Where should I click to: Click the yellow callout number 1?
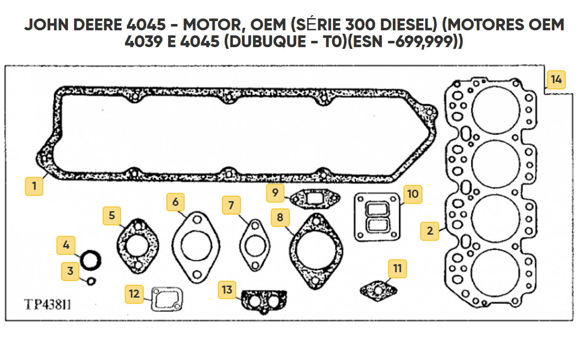click(34, 186)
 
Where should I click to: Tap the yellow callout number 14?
click(556, 80)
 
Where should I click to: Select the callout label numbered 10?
click(413, 194)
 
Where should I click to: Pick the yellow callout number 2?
click(430, 231)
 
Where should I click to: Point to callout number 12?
click(134, 294)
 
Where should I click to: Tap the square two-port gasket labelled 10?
click(377, 217)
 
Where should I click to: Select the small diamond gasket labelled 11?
click(378, 289)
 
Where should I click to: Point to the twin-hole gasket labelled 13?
click(264, 301)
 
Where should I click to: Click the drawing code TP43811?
click(48, 304)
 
